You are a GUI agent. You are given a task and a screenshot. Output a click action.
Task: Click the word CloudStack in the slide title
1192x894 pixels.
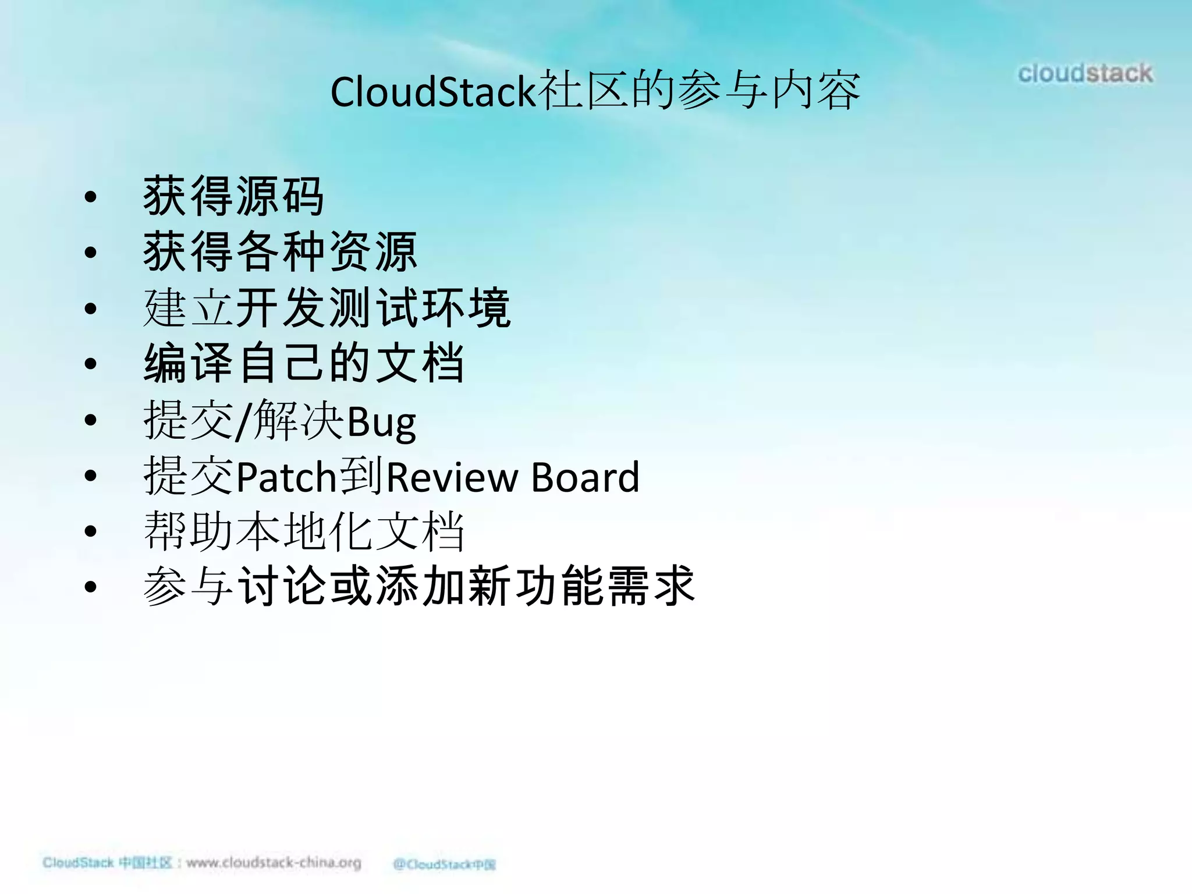[x=432, y=92]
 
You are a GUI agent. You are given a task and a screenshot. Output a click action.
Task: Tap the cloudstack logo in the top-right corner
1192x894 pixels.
[x=1085, y=73]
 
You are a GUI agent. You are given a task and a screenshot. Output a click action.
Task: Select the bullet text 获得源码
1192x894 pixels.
[x=233, y=197]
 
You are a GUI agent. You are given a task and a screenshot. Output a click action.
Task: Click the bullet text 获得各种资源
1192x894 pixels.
[x=280, y=251]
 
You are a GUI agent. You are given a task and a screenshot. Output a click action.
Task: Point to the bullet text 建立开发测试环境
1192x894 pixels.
[x=327, y=307]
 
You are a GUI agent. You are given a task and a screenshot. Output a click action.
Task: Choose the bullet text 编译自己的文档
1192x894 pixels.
[x=303, y=363]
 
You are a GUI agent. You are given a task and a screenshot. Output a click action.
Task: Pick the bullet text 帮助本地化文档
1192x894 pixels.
[x=303, y=531]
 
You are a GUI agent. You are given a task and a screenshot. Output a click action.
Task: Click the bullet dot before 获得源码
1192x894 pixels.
[x=90, y=197]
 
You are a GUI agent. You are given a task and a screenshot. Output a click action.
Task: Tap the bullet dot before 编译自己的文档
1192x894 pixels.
[x=90, y=364]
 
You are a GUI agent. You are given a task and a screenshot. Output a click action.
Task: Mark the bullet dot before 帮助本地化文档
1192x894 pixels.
[x=90, y=531]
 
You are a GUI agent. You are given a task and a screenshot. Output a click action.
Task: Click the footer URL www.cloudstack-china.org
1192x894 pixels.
[x=274, y=863]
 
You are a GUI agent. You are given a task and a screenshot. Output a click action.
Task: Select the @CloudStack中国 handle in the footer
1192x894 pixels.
[x=444, y=864]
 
